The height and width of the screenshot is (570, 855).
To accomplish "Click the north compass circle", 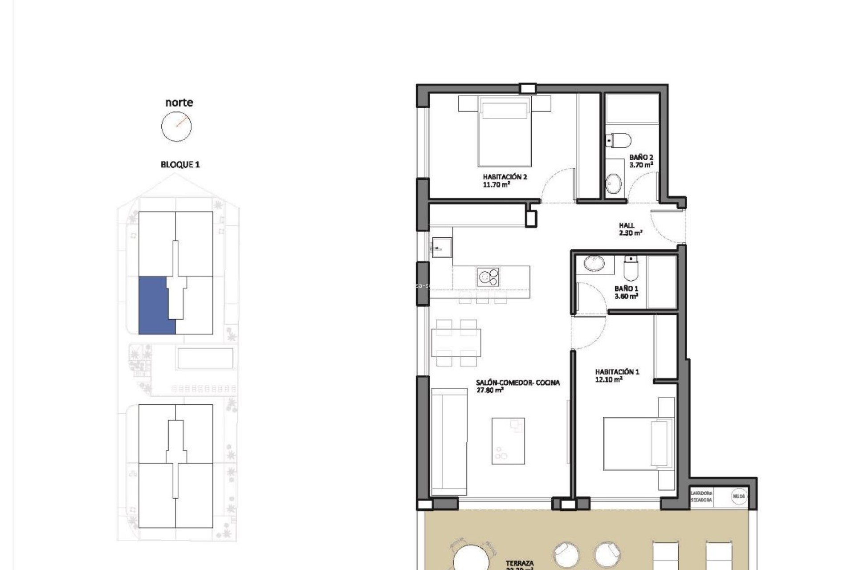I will tap(176, 126).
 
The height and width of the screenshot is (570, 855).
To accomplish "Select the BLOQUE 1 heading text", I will tap(180, 165).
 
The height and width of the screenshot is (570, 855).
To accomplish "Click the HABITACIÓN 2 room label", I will tap(505, 177).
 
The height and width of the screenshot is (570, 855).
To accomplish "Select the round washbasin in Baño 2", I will tap(614, 183).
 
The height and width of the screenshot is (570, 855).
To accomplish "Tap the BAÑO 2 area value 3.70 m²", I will tap(641, 165).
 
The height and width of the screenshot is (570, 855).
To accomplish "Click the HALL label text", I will tap(626, 226).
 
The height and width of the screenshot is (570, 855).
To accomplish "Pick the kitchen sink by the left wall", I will tap(441, 248).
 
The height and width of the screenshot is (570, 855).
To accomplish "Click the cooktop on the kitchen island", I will tap(488, 277).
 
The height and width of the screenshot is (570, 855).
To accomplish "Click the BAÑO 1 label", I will tap(626, 289).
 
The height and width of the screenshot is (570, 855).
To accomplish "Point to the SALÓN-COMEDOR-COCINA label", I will tap(517, 383).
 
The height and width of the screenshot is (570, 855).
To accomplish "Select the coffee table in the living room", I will tap(508, 441).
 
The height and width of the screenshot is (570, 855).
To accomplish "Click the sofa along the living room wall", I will tap(448, 442).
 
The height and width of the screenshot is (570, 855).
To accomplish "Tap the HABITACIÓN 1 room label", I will tap(617, 372).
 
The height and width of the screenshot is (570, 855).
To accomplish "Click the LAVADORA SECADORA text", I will tap(701, 497).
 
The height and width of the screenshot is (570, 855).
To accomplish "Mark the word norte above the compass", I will tap(179, 102).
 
